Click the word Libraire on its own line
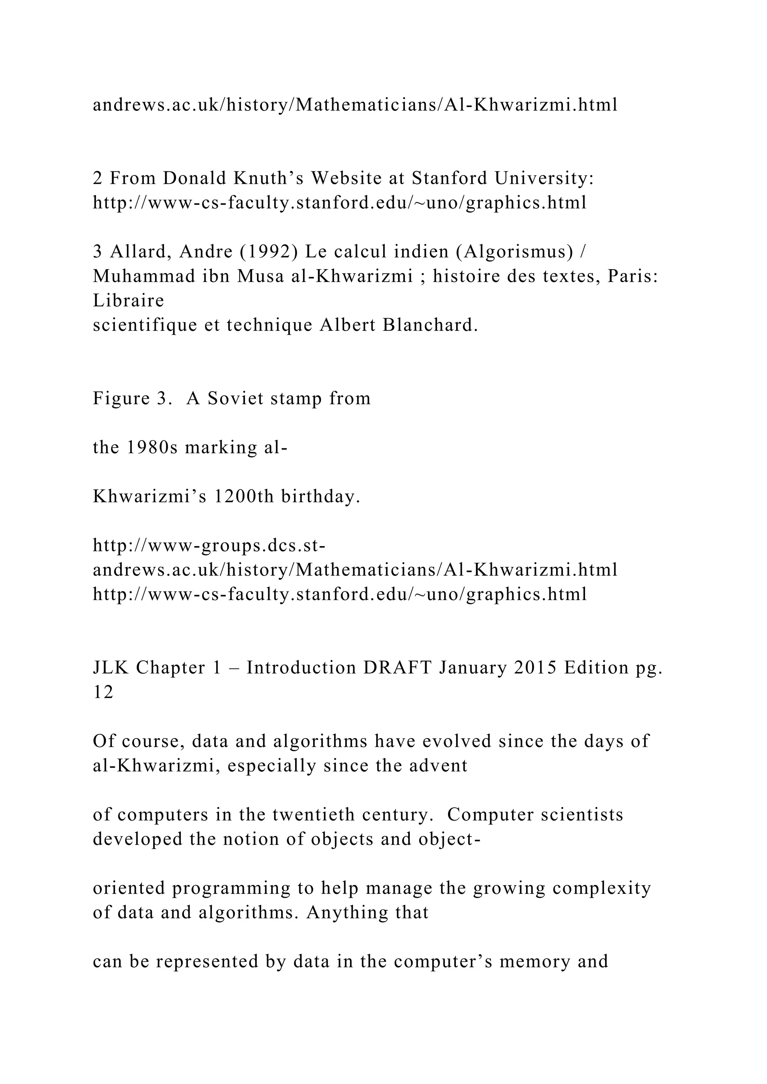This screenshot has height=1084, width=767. [128, 301]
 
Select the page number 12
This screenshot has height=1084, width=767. [103, 692]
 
